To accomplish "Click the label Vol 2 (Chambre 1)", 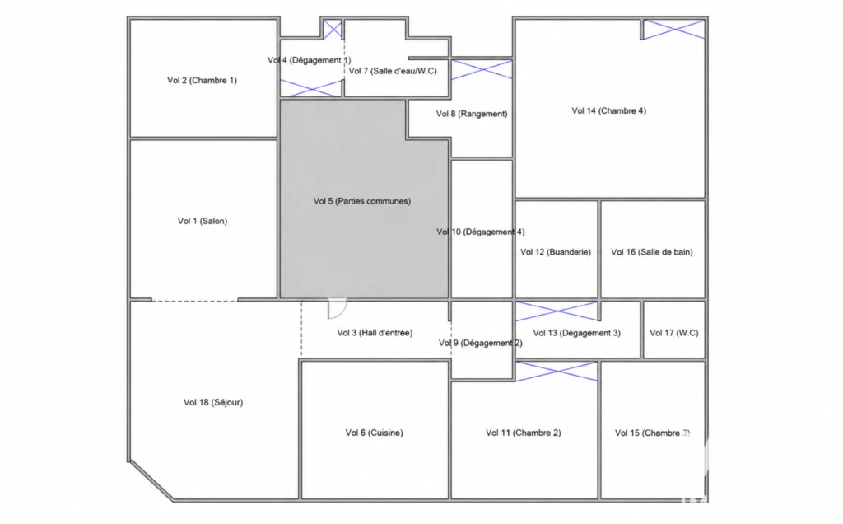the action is [x=202, y=81].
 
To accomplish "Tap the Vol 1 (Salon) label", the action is [x=203, y=221].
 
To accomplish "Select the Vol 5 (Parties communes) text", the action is [x=362, y=201].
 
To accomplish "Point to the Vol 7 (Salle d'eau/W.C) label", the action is [x=393, y=71].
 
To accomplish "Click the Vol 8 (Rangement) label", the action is [x=472, y=114].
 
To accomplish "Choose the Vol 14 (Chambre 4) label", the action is [x=608, y=111].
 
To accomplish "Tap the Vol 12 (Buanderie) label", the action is [x=556, y=252].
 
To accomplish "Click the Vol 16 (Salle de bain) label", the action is [x=652, y=252].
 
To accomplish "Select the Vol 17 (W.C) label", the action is [x=673, y=333].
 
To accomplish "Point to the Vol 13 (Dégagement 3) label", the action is [x=576, y=333].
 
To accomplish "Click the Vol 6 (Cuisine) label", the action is [x=374, y=433].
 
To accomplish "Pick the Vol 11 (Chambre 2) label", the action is [x=523, y=433].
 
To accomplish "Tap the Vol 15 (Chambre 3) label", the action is [x=652, y=433].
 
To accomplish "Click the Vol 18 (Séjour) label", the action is [x=213, y=402].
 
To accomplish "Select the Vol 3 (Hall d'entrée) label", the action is [x=375, y=333].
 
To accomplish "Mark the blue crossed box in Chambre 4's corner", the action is [x=673, y=30].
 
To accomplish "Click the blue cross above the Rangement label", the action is [x=482, y=70].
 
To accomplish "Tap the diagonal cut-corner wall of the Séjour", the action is [x=151, y=481].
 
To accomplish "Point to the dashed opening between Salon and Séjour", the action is [x=194, y=301].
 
